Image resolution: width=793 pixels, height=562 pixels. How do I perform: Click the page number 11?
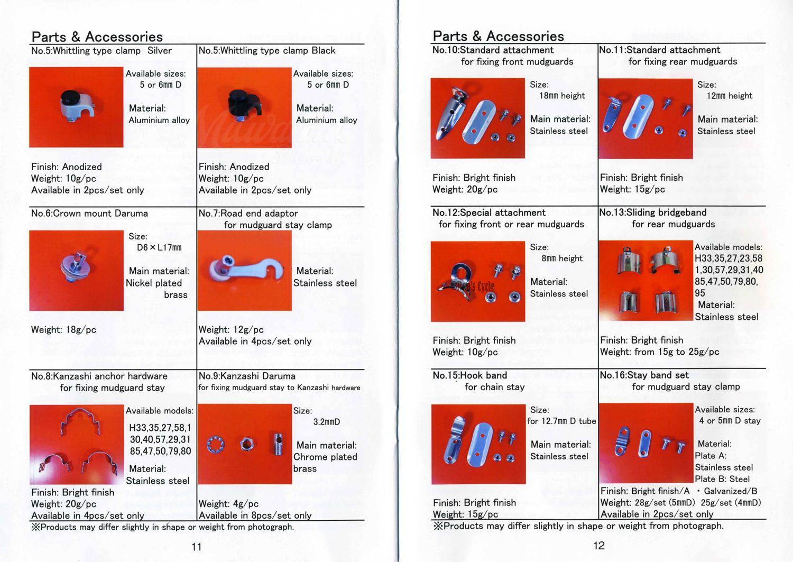click(197, 547)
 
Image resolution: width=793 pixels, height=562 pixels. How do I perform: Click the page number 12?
click(598, 546)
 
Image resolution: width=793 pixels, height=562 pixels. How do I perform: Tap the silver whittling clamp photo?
click(77, 107)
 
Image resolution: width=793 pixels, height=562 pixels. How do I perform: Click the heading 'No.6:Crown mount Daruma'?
click(89, 213)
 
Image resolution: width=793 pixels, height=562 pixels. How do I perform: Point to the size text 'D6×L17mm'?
click(159, 247)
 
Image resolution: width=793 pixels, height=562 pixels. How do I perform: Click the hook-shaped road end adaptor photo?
click(244, 270)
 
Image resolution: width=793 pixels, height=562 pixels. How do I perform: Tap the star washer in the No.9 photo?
click(216, 444)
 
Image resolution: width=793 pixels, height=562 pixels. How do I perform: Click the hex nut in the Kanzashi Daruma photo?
click(246, 444)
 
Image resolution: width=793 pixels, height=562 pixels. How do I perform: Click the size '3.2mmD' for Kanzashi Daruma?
click(326, 422)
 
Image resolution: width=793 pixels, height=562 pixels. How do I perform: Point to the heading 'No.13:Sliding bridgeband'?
click(653, 213)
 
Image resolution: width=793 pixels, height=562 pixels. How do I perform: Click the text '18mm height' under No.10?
click(562, 96)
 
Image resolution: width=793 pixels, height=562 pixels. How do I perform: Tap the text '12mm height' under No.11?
click(729, 96)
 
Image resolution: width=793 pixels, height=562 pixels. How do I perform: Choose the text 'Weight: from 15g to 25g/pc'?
click(659, 352)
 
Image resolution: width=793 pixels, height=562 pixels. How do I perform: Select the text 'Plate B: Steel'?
click(722, 479)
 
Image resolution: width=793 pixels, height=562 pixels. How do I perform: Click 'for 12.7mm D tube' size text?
click(561, 421)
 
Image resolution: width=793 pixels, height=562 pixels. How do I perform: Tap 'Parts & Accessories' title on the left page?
click(97, 36)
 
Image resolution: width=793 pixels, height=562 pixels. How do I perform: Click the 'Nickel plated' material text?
click(154, 283)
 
